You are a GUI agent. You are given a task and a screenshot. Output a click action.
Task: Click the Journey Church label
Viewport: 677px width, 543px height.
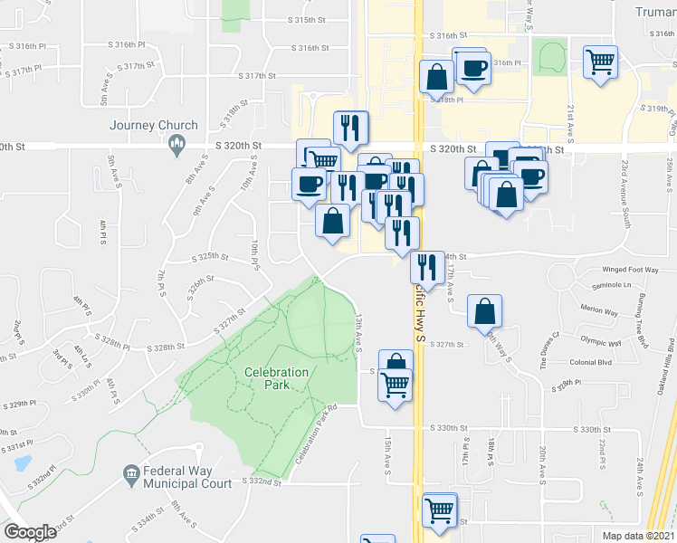pos(154,126)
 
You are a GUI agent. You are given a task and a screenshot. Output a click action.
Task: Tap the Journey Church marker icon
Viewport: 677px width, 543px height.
pos(177,145)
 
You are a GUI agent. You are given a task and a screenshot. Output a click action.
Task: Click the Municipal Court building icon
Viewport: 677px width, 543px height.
pos(130,472)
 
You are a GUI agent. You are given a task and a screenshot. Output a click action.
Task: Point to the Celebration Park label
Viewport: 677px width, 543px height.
pos(277,378)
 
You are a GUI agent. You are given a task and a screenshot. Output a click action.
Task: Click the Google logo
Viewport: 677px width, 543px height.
pos(30,532)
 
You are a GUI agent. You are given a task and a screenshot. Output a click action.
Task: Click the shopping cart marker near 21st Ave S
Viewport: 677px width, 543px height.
pos(600,62)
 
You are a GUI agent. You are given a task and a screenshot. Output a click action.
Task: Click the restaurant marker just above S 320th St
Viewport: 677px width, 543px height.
pos(348,128)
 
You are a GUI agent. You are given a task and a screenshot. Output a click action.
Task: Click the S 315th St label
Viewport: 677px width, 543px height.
pos(307,20)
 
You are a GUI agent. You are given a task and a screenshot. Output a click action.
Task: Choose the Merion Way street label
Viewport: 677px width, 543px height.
pos(601,310)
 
